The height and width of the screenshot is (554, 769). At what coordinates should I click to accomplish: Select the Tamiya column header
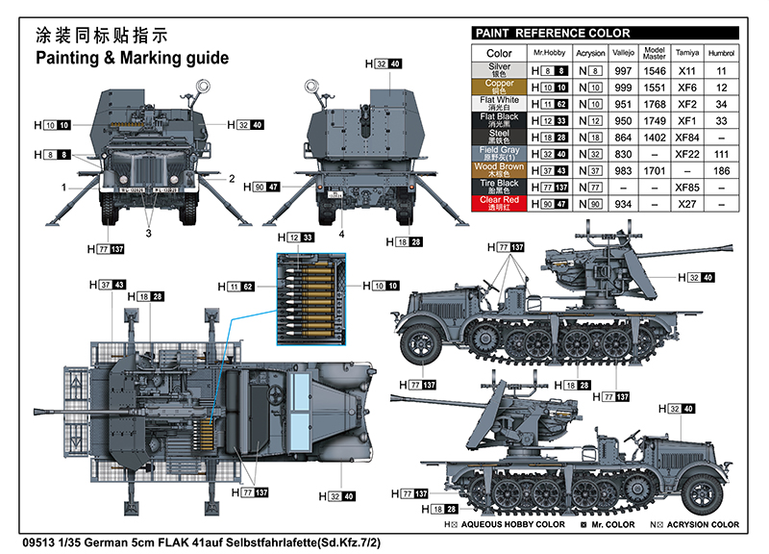[x=686, y=53]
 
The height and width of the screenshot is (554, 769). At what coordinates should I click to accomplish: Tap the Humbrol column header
[x=722, y=53]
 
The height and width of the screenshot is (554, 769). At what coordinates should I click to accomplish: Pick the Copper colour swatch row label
[x=499, y=87]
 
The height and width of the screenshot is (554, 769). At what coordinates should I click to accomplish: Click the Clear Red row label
[x=499, y=203]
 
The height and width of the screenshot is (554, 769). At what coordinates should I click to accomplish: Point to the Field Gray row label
[x=499, y=153]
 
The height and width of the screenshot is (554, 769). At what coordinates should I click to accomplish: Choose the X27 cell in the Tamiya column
[x=686, y=204]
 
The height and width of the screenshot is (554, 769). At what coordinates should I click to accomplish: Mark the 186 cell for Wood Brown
[x=722, y=170]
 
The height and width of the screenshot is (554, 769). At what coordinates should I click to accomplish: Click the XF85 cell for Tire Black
[x=686, y=187]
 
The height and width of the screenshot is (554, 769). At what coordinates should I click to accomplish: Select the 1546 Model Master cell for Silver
[x=655, y=70]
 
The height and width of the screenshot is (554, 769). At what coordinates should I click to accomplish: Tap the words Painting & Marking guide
[x=132, y=58]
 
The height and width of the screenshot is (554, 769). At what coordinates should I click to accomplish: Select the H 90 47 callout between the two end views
[x=260, y=187]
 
